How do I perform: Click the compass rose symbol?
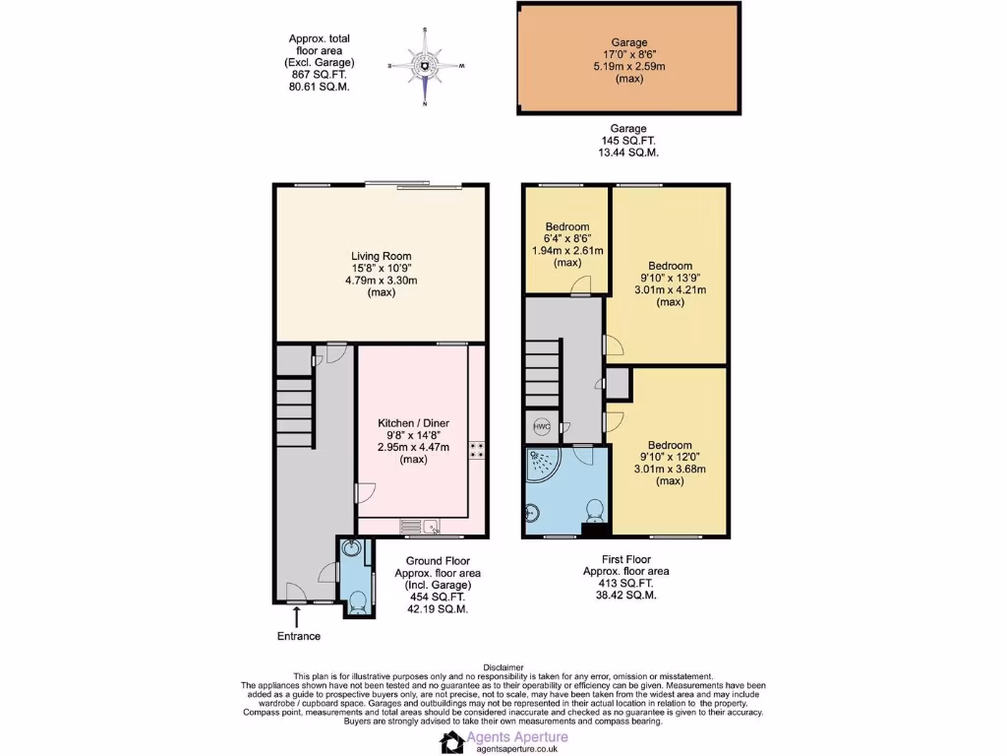click(x=425, y=66)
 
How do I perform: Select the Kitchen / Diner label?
click(x=413, y=423)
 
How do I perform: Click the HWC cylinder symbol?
click(x=542, y=427)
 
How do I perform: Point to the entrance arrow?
click(x=297, y=617)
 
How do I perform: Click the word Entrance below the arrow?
click(x=298, y=636)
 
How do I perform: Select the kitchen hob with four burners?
click(x=477, y=450)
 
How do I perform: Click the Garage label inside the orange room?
click(x=628, y=42)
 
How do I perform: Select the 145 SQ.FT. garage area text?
click(x=628, y=141)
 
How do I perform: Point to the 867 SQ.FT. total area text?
click(x=319, y=74)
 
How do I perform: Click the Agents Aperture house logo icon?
click(x=453, y=741)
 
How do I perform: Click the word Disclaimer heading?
click(x=503, y=666)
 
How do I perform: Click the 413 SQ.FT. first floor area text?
click(x=626, y=583)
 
